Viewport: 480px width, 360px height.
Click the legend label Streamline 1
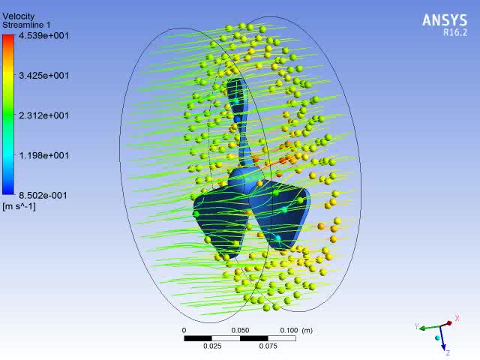pos(25,25)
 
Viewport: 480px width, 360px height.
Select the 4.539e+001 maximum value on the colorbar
pos(43,34)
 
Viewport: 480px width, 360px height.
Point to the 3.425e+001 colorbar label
pos(43,75)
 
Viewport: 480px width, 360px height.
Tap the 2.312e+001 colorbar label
pos(43,115)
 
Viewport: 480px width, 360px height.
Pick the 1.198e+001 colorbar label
pos(43,155)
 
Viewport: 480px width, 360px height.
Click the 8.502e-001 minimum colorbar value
pos(43,195)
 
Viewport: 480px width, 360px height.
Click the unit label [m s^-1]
pos(19,205)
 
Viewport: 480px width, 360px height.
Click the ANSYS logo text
pos(445,21)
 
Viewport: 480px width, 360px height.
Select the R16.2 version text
pos(454,34)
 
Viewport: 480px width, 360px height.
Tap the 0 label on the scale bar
pos(184,330)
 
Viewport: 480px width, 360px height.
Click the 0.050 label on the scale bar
pos(240,330)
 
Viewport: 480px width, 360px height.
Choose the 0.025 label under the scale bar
pos(212,346)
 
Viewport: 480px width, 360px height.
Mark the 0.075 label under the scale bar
pos(268,346)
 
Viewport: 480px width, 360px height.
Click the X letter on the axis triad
pos(457,319)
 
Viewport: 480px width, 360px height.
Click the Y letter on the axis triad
pos(417,326)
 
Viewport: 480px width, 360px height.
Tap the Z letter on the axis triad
pos(447,352)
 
